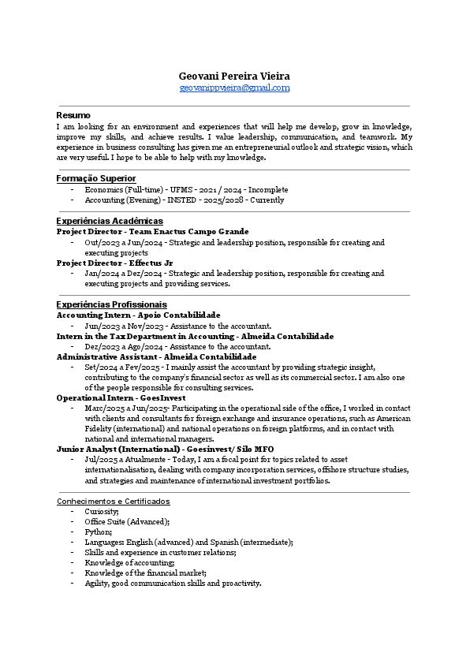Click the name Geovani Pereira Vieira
(x=234, y=76)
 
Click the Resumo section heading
(x=73, y=115)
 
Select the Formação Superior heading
(x=96, y=179)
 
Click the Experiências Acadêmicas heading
(x=110, y=221)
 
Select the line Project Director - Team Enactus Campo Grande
(x=152, y=232)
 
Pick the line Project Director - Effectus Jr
(x=114, y=263)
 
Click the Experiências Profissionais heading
(x=111, y=304)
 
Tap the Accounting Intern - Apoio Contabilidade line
(x=138, y=315)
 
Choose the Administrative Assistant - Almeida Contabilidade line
(x=156, y=356)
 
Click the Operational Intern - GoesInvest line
(x=121, y=398)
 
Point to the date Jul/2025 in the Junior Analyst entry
(x=99, y=459)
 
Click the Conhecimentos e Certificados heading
(x=113, y=501)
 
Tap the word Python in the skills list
(x=97, y=532)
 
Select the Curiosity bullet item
(x=101, y=511)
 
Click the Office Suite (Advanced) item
(x=126, y=521)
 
